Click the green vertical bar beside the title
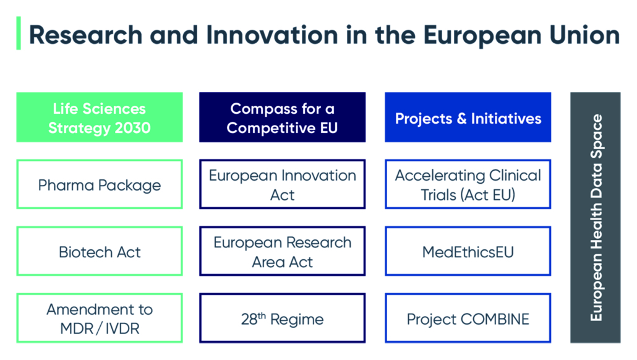tap(19, 33)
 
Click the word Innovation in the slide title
tap(271, 35)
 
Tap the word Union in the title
tap(584, 35)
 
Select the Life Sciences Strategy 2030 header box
tap(100, 118)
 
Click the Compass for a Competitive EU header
tap(283, 118)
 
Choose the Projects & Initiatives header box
tap(468, 118)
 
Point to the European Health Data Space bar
tap(595, 217)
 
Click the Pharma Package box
tap(100, 184)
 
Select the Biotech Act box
tap(100, 251)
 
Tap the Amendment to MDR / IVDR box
tap(100, 318)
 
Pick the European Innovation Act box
tap(283, 184)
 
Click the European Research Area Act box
tap(283, 251)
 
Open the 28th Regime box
tap(283, 318)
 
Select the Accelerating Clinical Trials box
tap(468, 184)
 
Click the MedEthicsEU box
tap(468, 251)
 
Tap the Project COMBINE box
tap(468, 318)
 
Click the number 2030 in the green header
tap(133, 128)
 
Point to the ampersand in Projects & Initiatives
tap(461, 119)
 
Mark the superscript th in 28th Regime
tap(262, 315)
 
